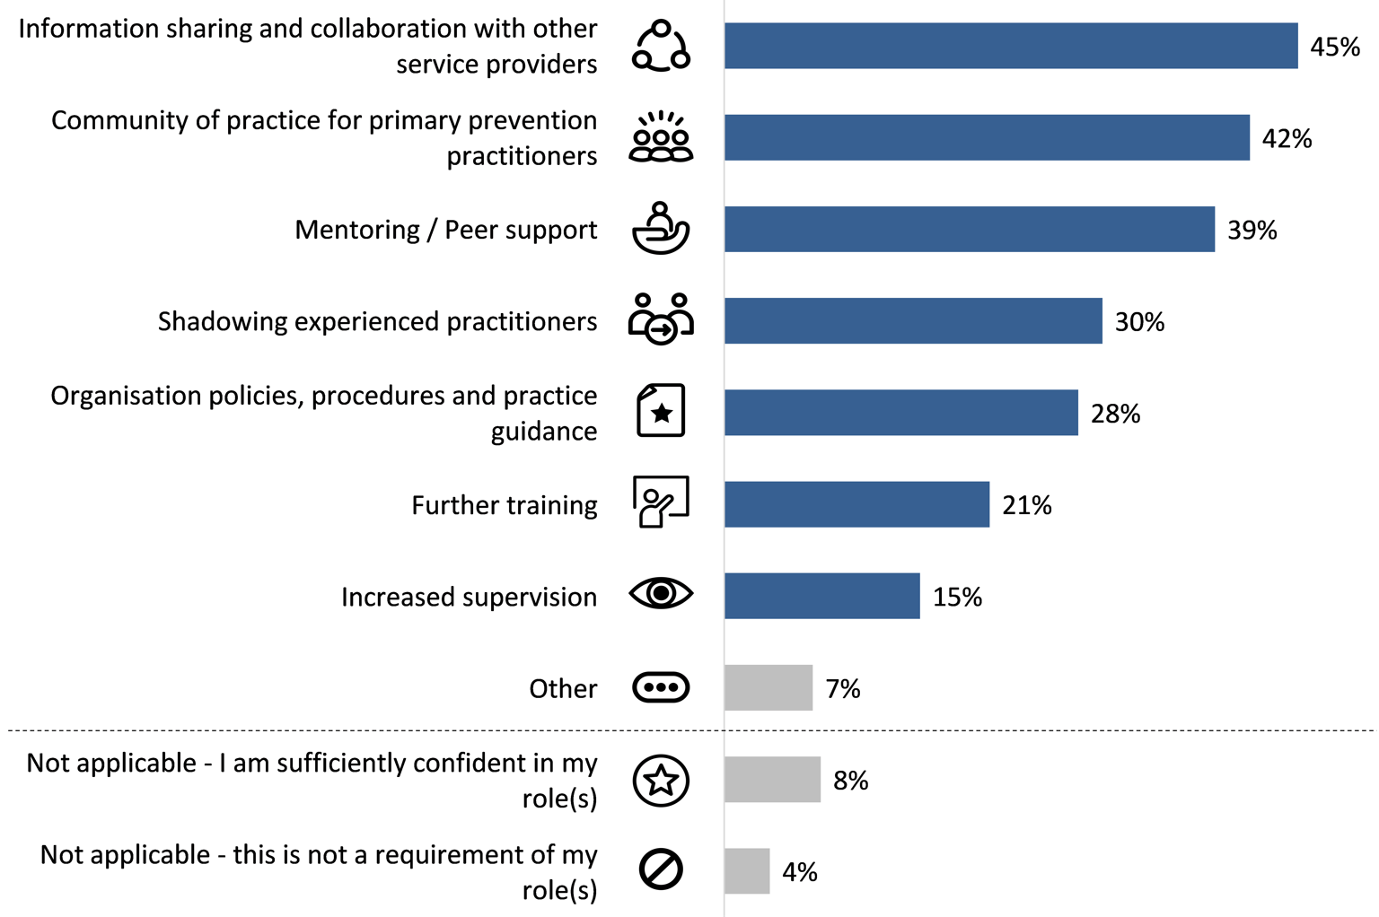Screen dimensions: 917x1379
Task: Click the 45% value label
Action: pos(1334,47)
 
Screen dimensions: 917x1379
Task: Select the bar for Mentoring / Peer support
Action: pos(970,230)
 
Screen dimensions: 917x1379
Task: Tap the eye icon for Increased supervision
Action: pos(661,594)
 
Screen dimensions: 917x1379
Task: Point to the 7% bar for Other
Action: pos(769,688)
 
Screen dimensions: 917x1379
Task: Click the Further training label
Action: pos(504,505)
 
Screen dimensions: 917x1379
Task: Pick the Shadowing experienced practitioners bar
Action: pos(913,321)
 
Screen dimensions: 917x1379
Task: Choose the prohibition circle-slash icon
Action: pos(661,869)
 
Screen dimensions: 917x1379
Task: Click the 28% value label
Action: pos(1115,414)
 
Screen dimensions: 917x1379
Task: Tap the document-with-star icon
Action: pos(661,411)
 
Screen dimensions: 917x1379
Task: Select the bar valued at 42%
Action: pos(987,138)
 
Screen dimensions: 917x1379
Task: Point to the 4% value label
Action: pos(799,872)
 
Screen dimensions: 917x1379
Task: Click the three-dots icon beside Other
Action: pos(661,688)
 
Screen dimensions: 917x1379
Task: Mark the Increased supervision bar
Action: pos(822,596)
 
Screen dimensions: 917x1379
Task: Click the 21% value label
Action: pos(1026,506)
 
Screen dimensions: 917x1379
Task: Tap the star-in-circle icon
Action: pos(661,781)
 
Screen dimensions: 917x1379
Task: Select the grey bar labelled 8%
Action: pos(772,780)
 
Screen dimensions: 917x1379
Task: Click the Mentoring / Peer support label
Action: pos(445,231)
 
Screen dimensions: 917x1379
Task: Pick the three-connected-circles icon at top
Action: pos(661,46)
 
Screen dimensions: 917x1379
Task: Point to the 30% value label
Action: pos(1139,322)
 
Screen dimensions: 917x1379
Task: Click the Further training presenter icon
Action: pos(661,502)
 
